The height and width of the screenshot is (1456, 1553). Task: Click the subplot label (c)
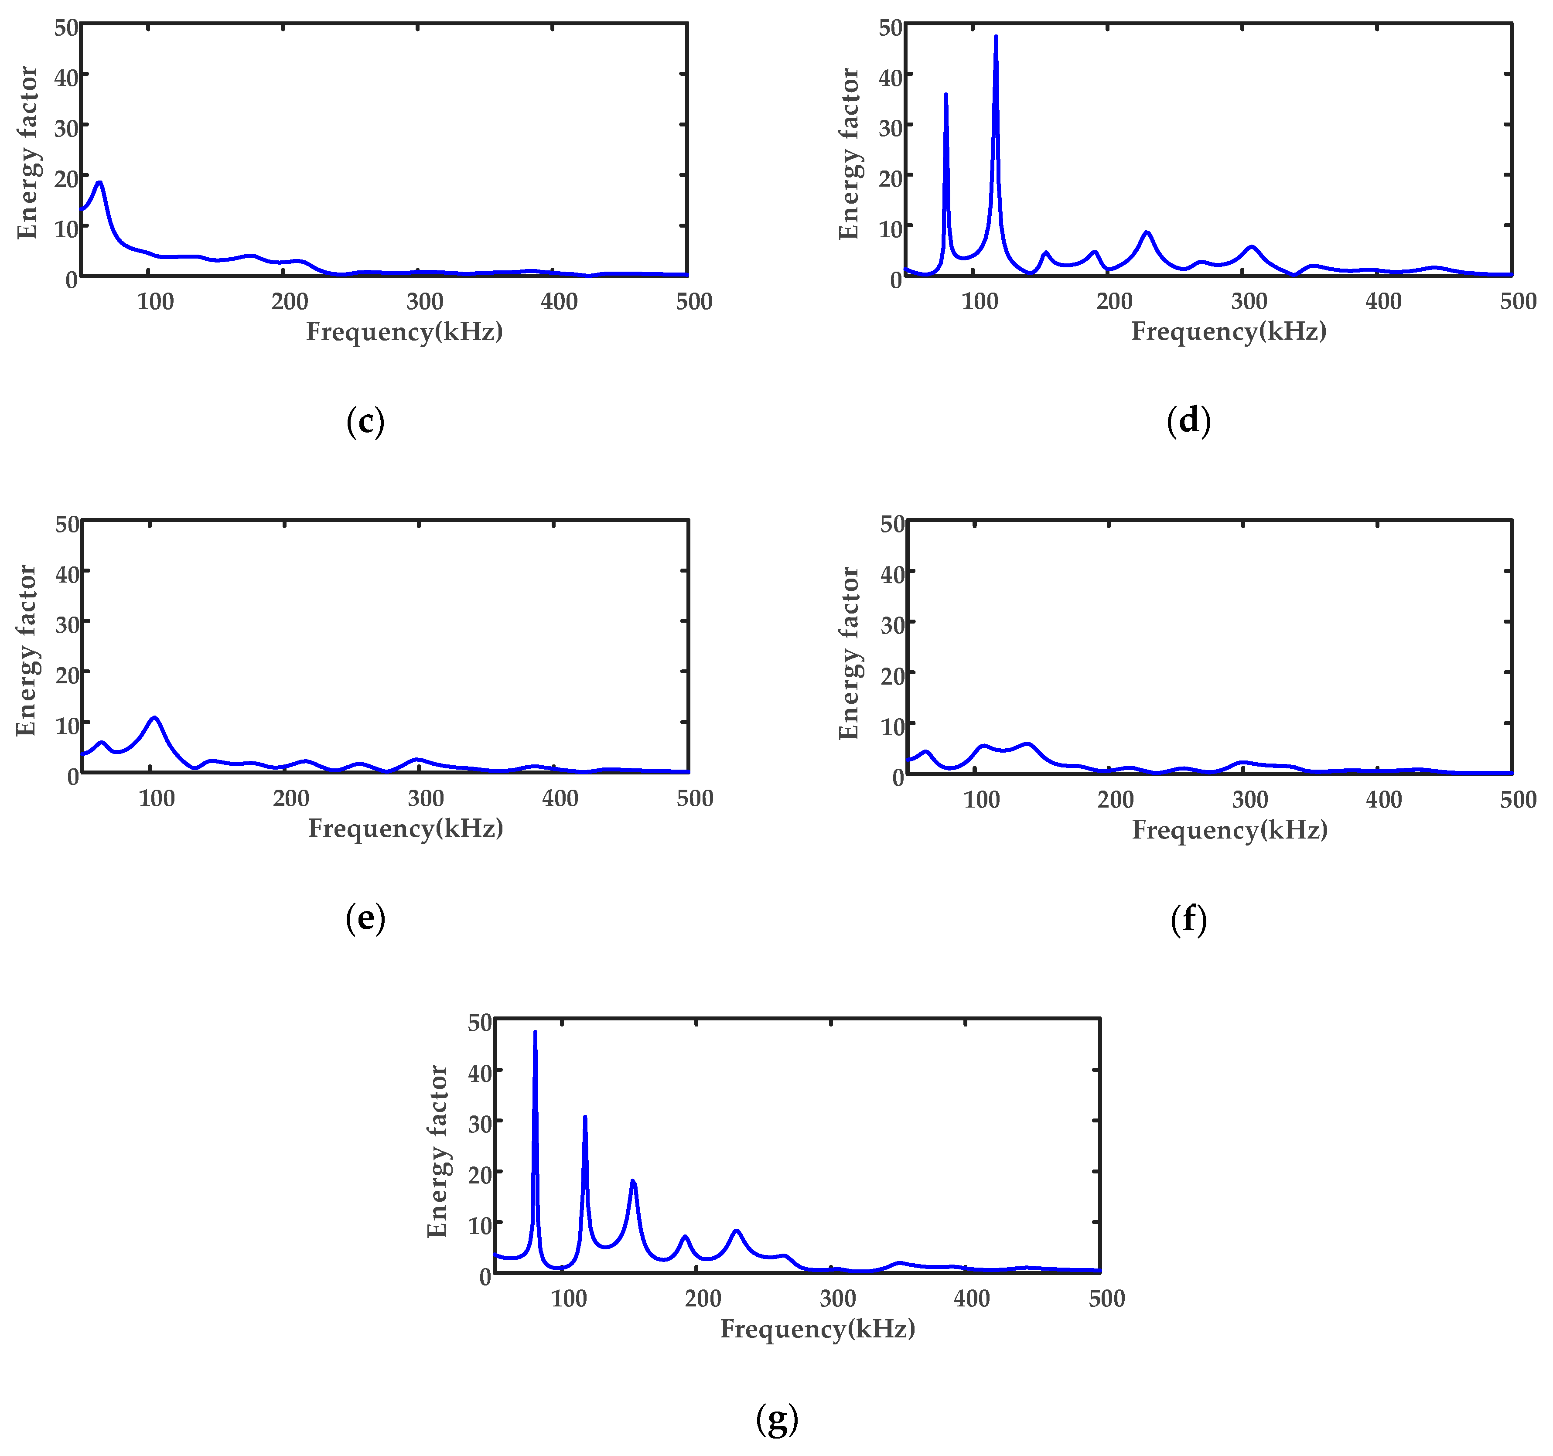tap(365, 423)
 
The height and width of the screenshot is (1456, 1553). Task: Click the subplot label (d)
tap(1188, 421)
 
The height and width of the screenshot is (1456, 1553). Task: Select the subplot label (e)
tap(365, 919)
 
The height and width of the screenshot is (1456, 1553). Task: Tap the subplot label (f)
tap(1188, 919)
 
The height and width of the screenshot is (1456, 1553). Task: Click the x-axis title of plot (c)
tap(404, 332)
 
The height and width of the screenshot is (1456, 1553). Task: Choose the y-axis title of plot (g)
tap(437, 1151)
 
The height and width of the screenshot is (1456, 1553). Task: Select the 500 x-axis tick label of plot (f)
tap(1518, 800)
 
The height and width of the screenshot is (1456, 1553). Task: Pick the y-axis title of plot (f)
tap(849, 653)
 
